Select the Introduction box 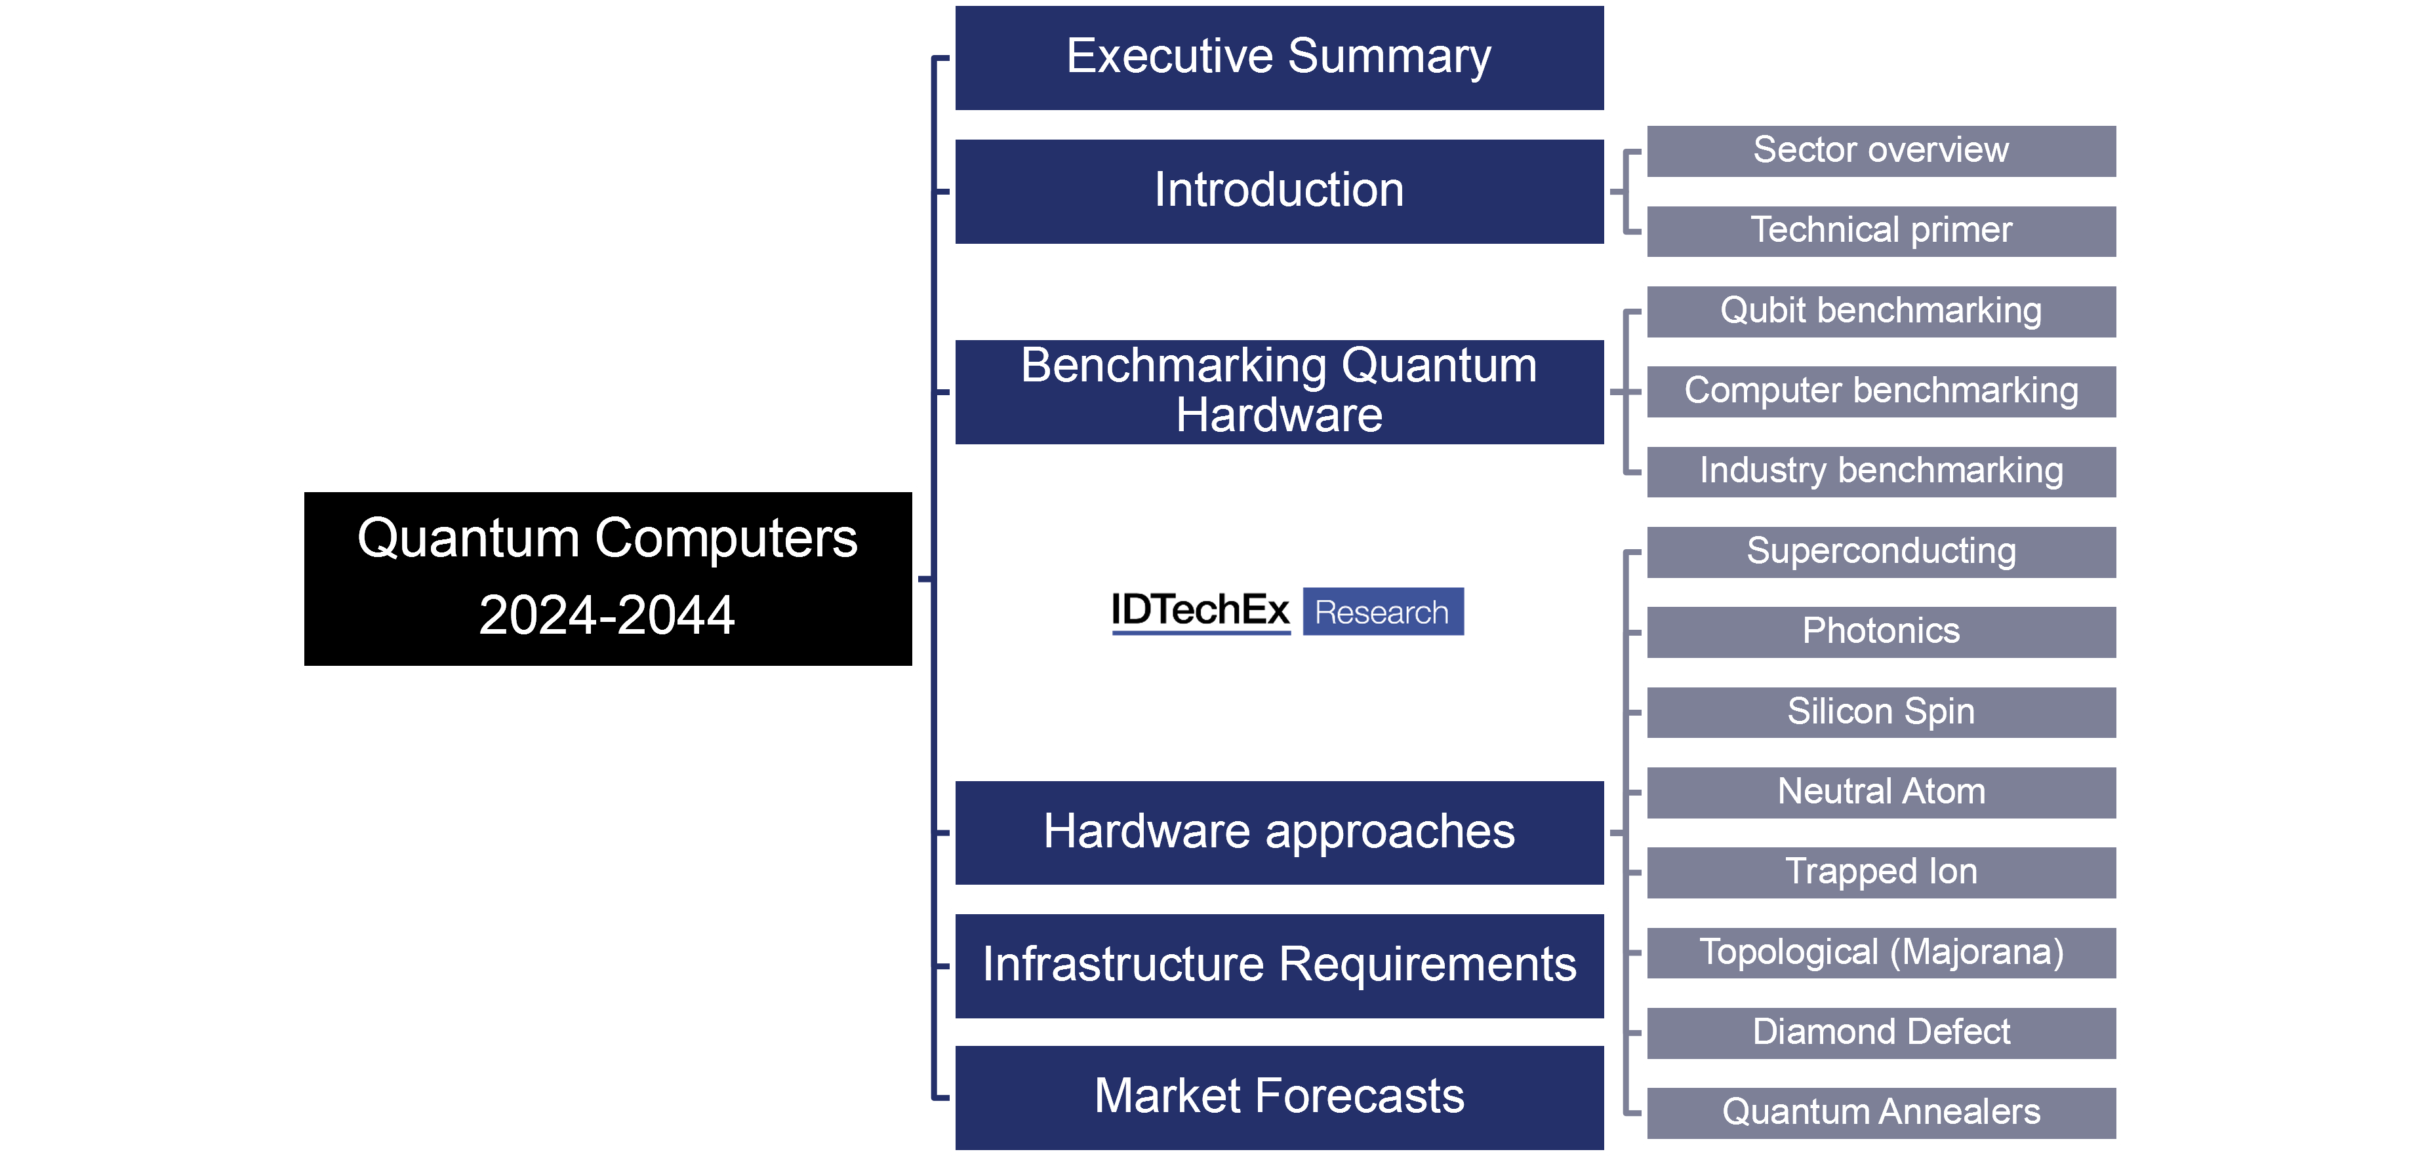(1279, 191)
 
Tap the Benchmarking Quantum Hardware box (1279, 391)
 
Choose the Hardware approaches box (1279, 832)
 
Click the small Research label (1381, 612)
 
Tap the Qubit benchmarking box (1880, 311)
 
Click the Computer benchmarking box (1880, 391)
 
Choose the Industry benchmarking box (1880, 471)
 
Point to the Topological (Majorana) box (1880, 953)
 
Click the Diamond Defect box (1880, 1033)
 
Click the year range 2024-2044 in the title (607, 616)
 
